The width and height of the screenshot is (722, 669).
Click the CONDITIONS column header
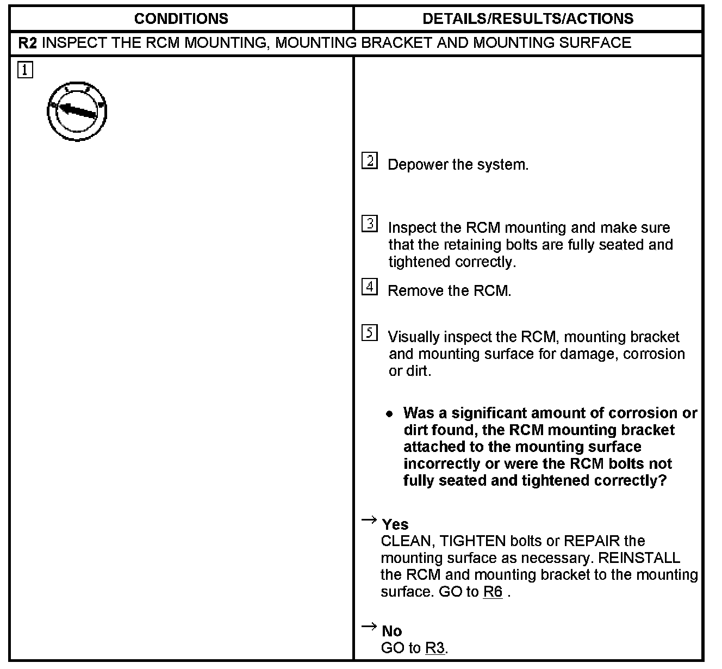click(x=181, y=19)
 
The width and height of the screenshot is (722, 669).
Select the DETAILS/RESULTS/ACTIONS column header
click(x=528, y=19)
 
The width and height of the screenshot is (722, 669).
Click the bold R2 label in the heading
click(x=28, y=43)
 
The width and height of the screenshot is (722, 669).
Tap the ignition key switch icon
click(x=77, y=111)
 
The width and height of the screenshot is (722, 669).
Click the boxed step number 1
click(x=25, y=70)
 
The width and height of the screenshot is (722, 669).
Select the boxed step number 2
click(x=370, y=161)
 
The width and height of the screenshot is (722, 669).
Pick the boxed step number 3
click(x=370, y=224)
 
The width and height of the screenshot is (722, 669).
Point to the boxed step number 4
click(x=370, y=287)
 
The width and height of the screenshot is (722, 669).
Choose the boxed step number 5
click(x=370, y=333)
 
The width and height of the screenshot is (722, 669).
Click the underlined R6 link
click(x=493, y=592)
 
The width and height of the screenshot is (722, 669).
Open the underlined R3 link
click(x=435, y=648)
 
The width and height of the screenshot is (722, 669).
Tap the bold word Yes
click(x=395, y=524)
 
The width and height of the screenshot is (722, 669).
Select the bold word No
click(x=392, y=631)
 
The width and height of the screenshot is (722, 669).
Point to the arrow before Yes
click(x=369, y=521)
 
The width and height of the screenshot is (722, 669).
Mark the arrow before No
click(x=369, y=627)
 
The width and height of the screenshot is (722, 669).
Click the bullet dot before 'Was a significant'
click(x=389, y=414)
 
